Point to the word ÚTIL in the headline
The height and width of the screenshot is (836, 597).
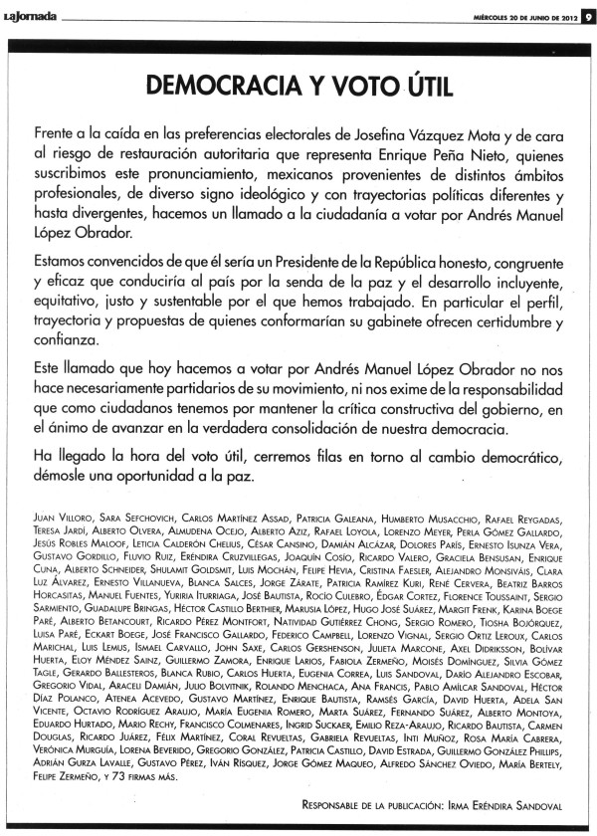(418, 86)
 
